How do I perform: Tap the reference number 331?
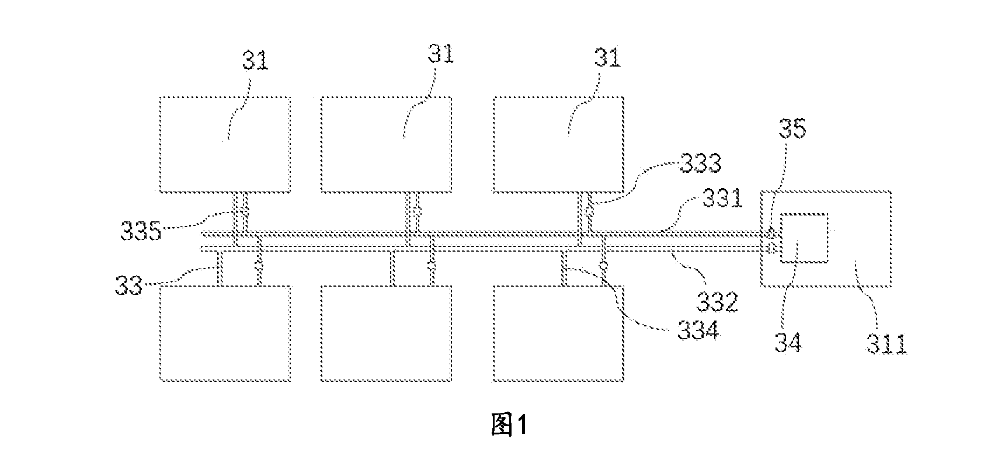pyautogui.click(x=722, y=198)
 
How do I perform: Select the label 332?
pyautogui.click(x=717, y=302)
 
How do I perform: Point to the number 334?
pyautogui.click(x=698, y=331)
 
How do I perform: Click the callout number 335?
pyautogui.click(x=140, y=231)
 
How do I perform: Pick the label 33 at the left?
pyautogui.click(x=128, y=285)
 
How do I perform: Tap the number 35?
pyautogui.click(x=792, y=129)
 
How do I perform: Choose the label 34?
pyautogui.click(x=788, y=343)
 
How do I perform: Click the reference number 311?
pyautogui.click(x=886, y=344)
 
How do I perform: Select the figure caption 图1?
pyautogui.click(x=509, y=424)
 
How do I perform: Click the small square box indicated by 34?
pyautogui.click(x=804, y=238)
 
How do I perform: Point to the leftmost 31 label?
pyautogui.click(x=255, y=60)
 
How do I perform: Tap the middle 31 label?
pyautogui.click(x=441, y=54)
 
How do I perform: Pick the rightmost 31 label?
pyautogui.click(x=607, y=57)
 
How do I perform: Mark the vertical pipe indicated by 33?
pyautogui.click(x=219, y=269)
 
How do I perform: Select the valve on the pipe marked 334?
pyautogui.click(x=604, y=266)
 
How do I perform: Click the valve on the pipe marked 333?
pyautogui.click(x=589, y=210)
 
